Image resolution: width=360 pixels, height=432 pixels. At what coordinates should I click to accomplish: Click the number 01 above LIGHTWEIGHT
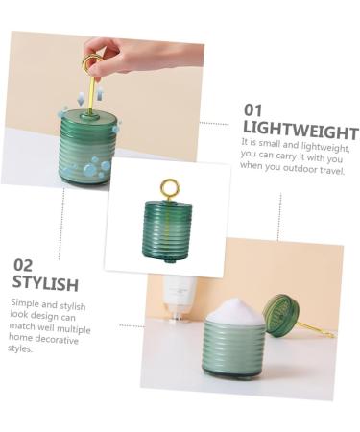[x=252, y=110]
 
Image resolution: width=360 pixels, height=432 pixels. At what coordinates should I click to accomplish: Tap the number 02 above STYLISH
[x=24, y=264]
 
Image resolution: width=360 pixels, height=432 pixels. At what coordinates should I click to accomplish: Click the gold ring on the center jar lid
[x=169, y=188]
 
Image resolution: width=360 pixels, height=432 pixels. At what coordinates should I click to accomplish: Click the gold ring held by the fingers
[x=92, y=64]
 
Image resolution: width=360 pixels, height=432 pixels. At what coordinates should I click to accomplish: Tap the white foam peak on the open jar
[x=235, y=310]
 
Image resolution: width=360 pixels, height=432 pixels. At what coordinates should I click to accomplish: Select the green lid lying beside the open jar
[x=281, y=315]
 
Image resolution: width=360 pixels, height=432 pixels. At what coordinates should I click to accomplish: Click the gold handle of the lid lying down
[x=316, y=329]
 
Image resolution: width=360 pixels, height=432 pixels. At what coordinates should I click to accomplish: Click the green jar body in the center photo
[x=167, y=231]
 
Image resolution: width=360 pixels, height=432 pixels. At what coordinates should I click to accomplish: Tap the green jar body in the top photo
[x=88, y=149]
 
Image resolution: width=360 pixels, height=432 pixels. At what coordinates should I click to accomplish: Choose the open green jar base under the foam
[x=235, y=350]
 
